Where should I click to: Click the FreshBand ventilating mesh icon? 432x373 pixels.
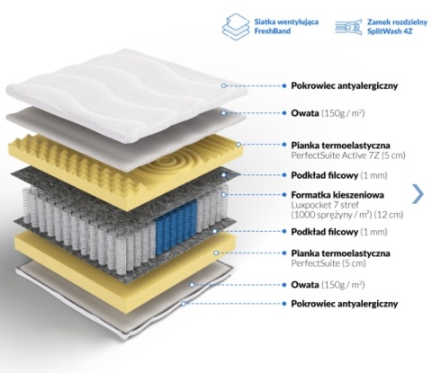[236, 27]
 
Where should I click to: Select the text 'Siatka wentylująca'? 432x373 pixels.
[286, 22]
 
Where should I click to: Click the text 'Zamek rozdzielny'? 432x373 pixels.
[397, 22]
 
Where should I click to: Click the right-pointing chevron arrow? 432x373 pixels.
[418, 194]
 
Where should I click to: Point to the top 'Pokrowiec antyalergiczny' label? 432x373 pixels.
[345, 85]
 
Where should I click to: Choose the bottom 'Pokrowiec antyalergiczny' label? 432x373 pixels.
[345, 304]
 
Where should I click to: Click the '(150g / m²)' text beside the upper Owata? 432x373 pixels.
[343, 113]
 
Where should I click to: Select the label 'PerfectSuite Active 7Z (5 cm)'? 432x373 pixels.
[348, 155]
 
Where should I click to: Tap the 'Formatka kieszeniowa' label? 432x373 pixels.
[337, 195]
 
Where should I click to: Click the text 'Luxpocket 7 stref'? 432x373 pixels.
[325, 205]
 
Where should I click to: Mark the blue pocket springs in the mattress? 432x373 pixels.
[176, 226]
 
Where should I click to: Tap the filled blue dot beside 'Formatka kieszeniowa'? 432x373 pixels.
[284, 195]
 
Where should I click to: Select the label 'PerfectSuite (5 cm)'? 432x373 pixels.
[328, 263]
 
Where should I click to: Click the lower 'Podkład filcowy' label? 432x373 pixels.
[325, 232]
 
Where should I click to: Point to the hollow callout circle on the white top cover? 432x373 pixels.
[223, 85]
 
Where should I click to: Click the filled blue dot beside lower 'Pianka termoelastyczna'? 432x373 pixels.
[284, 253]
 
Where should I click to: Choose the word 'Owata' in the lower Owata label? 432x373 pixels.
[305, 284]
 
